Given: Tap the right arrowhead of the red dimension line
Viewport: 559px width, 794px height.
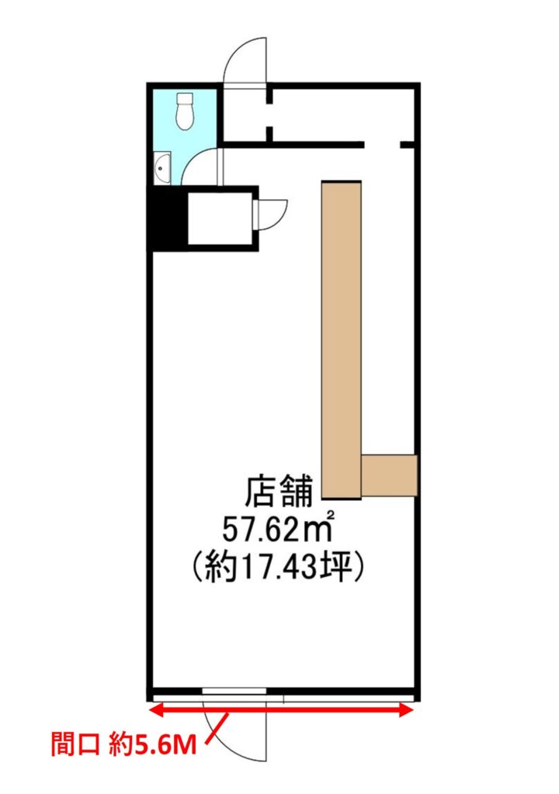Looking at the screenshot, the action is click(x=407, y=710).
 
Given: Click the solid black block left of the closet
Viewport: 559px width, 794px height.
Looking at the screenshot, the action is click(x=168, y=218).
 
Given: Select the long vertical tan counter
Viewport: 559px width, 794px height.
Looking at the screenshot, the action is click(x=342, y=340).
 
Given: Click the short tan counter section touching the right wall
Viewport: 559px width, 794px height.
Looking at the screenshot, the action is click(x=389, y=475).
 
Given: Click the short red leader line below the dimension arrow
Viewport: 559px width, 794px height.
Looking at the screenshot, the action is click(x=217, y=728).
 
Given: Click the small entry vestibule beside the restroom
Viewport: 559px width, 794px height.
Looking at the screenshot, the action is click(x=245, y=116).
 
